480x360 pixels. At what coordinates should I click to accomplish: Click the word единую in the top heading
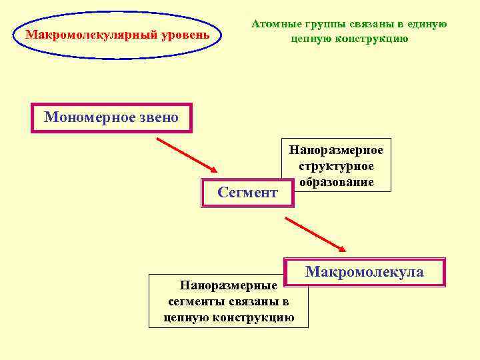point(425,24)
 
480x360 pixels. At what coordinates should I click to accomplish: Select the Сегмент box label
point(247,193)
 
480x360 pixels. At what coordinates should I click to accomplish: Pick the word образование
point(336,181)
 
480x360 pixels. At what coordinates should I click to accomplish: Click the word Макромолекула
point(364,271)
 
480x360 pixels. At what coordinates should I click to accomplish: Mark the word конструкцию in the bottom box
point(253,317)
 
